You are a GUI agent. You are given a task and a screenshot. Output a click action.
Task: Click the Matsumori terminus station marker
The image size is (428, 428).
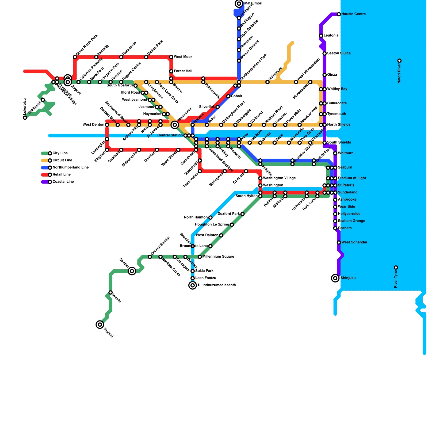(x=239, y=3)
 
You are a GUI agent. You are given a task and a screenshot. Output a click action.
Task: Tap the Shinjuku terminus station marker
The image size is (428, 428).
(x=335, y=278)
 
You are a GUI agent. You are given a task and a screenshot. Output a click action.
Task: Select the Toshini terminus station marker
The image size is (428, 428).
(x=100, y=324)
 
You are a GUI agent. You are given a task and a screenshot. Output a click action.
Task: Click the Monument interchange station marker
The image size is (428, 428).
(x=175, y=125)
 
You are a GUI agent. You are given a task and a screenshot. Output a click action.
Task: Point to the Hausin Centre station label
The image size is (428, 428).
(x=353, y=14)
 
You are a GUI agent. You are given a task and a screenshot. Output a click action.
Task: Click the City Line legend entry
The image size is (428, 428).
(x=60, y=153)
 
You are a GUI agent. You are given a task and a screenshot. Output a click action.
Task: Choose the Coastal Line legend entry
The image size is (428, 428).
(x=63, y=182)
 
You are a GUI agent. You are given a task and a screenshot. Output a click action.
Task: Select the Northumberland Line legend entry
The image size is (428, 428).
(x=70, y=167)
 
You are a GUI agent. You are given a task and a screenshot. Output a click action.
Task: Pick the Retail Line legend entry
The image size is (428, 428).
(x=62, y=175)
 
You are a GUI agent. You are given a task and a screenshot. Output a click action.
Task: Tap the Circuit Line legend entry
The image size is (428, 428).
(x=62, y=160)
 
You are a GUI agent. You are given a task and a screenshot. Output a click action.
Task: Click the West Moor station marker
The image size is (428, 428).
(x=171, y=57)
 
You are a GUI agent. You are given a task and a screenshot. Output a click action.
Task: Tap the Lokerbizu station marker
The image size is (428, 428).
(x=25, y=118)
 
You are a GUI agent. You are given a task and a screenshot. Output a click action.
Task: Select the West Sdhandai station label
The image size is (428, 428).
(x=354, y=242)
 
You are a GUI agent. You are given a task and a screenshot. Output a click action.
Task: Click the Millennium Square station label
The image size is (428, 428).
(x=218, y=257)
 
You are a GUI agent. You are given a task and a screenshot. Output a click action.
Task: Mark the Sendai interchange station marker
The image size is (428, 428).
(x=132, y=271)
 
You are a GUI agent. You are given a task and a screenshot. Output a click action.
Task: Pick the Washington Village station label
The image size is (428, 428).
(x=279, y=178)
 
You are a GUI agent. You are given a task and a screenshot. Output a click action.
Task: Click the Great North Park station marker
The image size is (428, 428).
(x=75, y=57)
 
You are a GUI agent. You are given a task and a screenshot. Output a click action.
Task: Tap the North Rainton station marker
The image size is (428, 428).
(x=210, y=217)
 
